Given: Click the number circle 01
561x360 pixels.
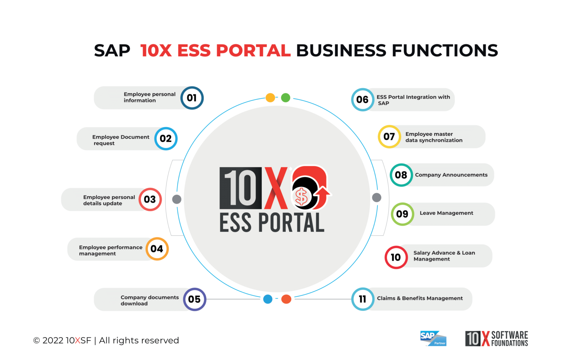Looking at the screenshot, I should pyautogui.click(x=192, y=98).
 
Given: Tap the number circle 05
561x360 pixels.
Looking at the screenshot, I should pyautogui.click(x=194, y=299).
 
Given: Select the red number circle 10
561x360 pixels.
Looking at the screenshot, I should pyautogui.click(x=396, y=257).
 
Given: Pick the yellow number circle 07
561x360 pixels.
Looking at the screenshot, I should pyautogui.click(x=389, y=137).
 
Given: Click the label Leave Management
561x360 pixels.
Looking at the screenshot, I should pyautogui.click(x=446, y=213).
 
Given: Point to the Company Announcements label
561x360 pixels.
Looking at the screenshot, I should pyautogui.click(x=451, y=175).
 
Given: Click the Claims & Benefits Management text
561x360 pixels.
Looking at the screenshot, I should pyautogui.click(x=420, y=298).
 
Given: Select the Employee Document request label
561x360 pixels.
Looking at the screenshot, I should pyautogui.click(x=121, y=140).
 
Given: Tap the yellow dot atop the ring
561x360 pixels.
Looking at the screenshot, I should pyautogui.click(x=270, y=98).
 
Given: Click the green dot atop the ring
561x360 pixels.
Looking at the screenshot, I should pyautogui.click(x=286, y=98).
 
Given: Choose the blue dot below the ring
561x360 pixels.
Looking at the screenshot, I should pyautogui.click(x=268, y=299).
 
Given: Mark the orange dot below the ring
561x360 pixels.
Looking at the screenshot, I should pyautogui.click(x=286, y=299).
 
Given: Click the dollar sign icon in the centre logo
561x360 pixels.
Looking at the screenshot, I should pyautogui.click(x=301, y=197).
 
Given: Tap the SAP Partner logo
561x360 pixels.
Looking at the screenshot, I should pyautogui.click(x=433, y=338).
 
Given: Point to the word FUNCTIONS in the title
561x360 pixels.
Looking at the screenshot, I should pyautogui.click(x=445, y=51).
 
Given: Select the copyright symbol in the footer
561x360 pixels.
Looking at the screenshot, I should pyautogui.click(x=37, y=341).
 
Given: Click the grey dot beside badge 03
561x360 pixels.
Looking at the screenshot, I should pyautogui.click(x=177, y=199).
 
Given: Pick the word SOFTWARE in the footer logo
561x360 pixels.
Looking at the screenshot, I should pyautogui.click(x=510, y=335).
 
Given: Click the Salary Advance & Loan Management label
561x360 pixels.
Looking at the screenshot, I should pyautogui.click(x=444, y=256).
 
